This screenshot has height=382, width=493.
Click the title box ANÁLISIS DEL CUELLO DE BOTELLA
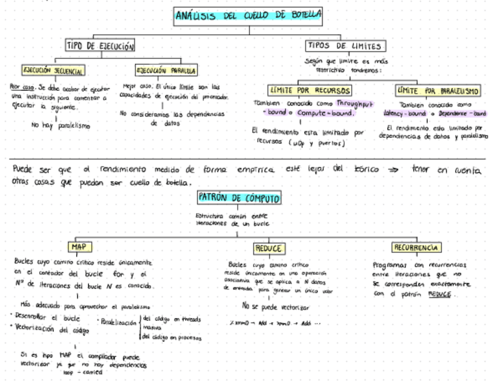point(248,16)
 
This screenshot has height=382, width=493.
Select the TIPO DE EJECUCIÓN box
point(101,46)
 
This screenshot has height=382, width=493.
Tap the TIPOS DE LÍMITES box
point(345,46)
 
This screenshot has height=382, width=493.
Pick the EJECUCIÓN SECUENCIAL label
point(53,70)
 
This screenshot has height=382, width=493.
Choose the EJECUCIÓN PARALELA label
point(166,70)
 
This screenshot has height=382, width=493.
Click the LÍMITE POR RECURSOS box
point(310,90)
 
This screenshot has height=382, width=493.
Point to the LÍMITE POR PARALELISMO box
point(438,90)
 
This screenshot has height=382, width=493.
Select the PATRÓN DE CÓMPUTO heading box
point(240,198)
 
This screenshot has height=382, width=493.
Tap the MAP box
point(78,247)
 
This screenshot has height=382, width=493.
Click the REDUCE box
point(268,249)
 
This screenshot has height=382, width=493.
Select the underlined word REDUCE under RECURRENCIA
point(440,294)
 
